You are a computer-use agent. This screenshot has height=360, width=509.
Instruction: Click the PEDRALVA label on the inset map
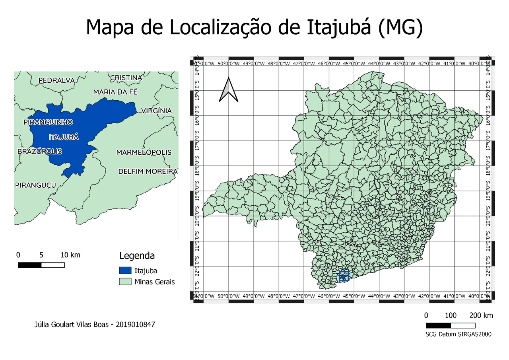(x=56, y=80)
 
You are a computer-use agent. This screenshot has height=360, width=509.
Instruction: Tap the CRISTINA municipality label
(x=126, y=78)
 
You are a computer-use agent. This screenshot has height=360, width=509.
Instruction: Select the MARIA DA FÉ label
(x=115, y=92)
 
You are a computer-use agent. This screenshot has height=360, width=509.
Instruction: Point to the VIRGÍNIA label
(x=156, y=111)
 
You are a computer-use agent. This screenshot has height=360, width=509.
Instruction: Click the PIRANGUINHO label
(x=48, y=122)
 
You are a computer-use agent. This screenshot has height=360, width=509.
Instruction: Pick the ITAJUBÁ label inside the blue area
(x=64, y=137)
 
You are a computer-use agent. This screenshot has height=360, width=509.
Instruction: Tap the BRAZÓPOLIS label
(x=40, y=152)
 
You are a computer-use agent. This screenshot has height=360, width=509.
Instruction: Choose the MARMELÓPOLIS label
(x=144, y=152)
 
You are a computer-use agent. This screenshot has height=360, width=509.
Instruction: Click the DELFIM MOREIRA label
(x=148, y=171)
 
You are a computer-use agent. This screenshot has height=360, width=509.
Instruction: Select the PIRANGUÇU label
(x=35, y=185)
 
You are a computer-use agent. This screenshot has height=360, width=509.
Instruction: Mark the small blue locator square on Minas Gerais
(x=344, y=276)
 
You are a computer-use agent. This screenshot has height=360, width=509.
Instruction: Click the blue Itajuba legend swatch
(x=124, y=270)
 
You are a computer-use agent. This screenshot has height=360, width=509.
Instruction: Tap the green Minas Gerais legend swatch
(x=124, y=282)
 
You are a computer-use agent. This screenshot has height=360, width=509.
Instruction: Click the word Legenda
(x=137, y=255)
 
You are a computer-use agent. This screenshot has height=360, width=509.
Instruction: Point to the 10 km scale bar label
(x=70, y=255)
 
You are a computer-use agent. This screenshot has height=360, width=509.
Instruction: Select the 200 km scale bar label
(x=481, y=315)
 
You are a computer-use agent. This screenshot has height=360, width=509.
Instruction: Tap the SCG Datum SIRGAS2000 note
(x=458, y=334)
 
